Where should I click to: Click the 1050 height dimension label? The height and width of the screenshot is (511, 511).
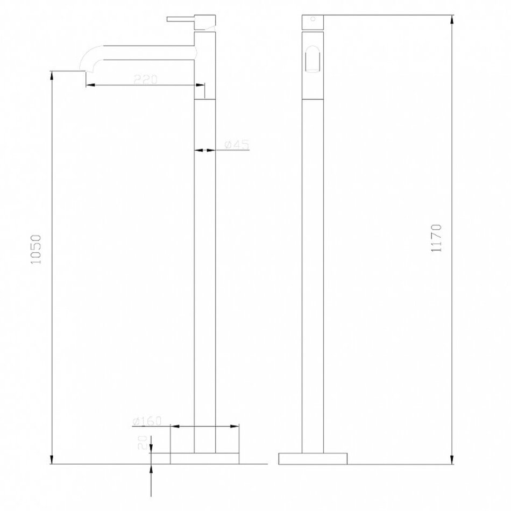click(36, 249)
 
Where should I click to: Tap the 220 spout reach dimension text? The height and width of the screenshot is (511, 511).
click(145, 79)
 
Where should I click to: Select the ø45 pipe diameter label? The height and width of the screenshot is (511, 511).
click(237, 144)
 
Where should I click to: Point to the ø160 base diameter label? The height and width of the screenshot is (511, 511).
click(147, 421)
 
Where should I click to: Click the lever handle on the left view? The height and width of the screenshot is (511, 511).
click(181, 19)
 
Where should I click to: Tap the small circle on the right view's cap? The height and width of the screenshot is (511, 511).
click(313, 19)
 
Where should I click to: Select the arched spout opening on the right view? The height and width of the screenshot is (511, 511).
click(312, 59)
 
